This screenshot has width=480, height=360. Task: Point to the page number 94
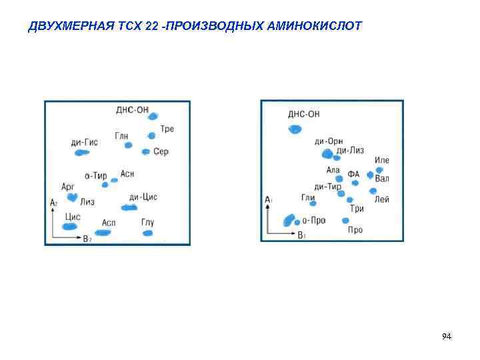(x=447, y=337)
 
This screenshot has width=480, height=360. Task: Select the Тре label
(x=167, y=129)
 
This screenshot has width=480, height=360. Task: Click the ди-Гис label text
(x=85, y=142)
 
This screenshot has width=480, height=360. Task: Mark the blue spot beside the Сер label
(x=146, y=152)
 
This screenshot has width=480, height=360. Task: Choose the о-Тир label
(x=96, y=176)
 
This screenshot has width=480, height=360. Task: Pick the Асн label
(x=127, y=173)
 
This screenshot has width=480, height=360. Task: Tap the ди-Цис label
(x=143, y=197)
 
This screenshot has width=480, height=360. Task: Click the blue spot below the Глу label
(x=147, y=233)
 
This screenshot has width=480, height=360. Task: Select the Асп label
(x=109, y=222)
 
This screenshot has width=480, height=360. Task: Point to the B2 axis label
(x=87, y=238)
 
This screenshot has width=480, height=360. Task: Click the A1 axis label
(x=269, y=199)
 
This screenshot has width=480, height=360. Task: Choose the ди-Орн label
(x=329, y=141)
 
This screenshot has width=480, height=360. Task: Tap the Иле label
(x=382, y=160)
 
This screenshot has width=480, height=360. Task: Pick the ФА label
(x=353, y=174)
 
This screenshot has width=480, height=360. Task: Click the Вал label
(x=382, y=179)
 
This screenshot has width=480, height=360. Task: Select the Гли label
(x=308, y=197)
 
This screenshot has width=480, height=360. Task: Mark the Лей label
(x=382, y=199)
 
